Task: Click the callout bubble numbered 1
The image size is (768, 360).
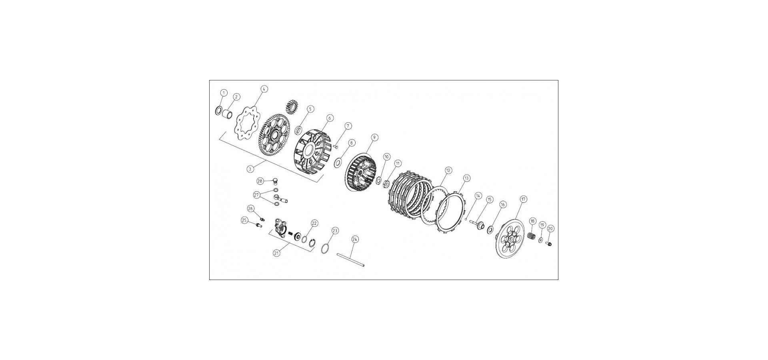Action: (x=224, y=93)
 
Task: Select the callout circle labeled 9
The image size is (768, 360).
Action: (x=374, y=137)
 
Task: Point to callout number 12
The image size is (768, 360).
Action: (x=448, y=170)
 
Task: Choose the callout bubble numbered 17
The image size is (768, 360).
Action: (x=523, y=199)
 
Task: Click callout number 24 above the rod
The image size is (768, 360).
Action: (x=355, y=239)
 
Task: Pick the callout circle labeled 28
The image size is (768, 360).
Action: (x=260, y=181)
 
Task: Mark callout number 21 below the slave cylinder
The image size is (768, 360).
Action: (x=276, y=253)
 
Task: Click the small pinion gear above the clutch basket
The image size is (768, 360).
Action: (x=291, y=107)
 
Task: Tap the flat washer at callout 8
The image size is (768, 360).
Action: (x=337, y=162)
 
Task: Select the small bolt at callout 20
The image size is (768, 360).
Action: (x=549, y=243)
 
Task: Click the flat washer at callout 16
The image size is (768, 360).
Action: (x=490, y=230)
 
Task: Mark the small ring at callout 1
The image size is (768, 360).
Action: (x=218, y=110)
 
